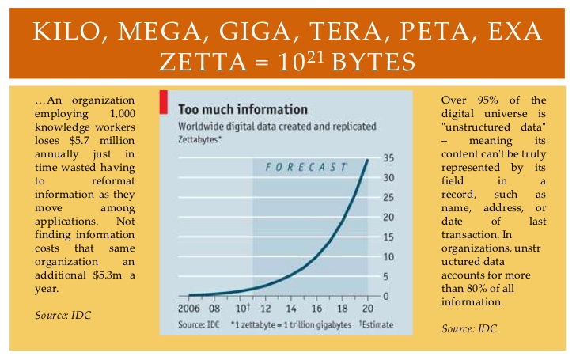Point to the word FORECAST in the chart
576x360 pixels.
tap(306, 166)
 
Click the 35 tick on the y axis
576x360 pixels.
tap(388, 157)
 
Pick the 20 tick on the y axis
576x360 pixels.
tap(388, 217)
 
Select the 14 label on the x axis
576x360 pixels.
tap(292, 309)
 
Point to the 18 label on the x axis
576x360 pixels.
tap(343, 309)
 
